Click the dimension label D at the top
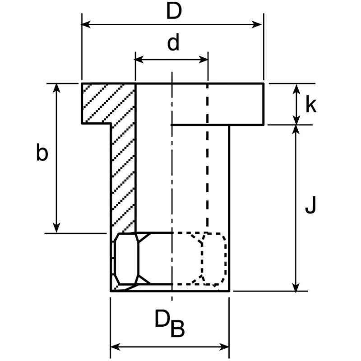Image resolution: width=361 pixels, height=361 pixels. pyautogui.click(x=174, y=11)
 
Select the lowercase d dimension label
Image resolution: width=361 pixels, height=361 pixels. pyautogui.click(x=173, y=42)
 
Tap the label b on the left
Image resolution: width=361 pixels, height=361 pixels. pyautogui.click(x=42, y=152)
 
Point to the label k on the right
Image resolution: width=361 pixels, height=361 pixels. pyautogui.click(x=311, y=105)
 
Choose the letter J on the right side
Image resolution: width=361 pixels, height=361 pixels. pyautogui.click(x=310, y=205)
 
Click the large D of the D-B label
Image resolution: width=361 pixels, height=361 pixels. pyautogui.click(x=162, y=319)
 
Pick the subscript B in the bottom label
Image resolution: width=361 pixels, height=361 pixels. pyautogui.click(x=177, y=329)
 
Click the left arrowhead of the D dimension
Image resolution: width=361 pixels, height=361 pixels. pyautogui.click(x=86, y=24)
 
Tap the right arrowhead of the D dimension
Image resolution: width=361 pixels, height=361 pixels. pyautogui.click(x=257, y=24)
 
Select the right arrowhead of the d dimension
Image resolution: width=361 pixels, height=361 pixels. pyautogui.click(x=204, y=60)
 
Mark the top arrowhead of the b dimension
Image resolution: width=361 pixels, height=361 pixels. pyautogui.click(x=56, y=88)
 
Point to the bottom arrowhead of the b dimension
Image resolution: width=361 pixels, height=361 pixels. pyautogui.click(x=56, y=228)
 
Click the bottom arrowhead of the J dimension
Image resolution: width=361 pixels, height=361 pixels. pyautogui.click(x=296, y=287)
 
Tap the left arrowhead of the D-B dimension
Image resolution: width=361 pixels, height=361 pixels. pyautogui.click(x=116, y=347)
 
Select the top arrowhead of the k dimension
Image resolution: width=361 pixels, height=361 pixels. pyautogui.click(x=296, y=88)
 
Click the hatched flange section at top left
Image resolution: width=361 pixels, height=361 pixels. pyautogui.click(x=108, y=104)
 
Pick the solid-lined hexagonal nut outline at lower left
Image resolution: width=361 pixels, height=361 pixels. pyautogui.click(x=139, y=259)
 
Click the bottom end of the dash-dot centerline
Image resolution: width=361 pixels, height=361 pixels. pyautogui.click(x=172, y=301)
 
